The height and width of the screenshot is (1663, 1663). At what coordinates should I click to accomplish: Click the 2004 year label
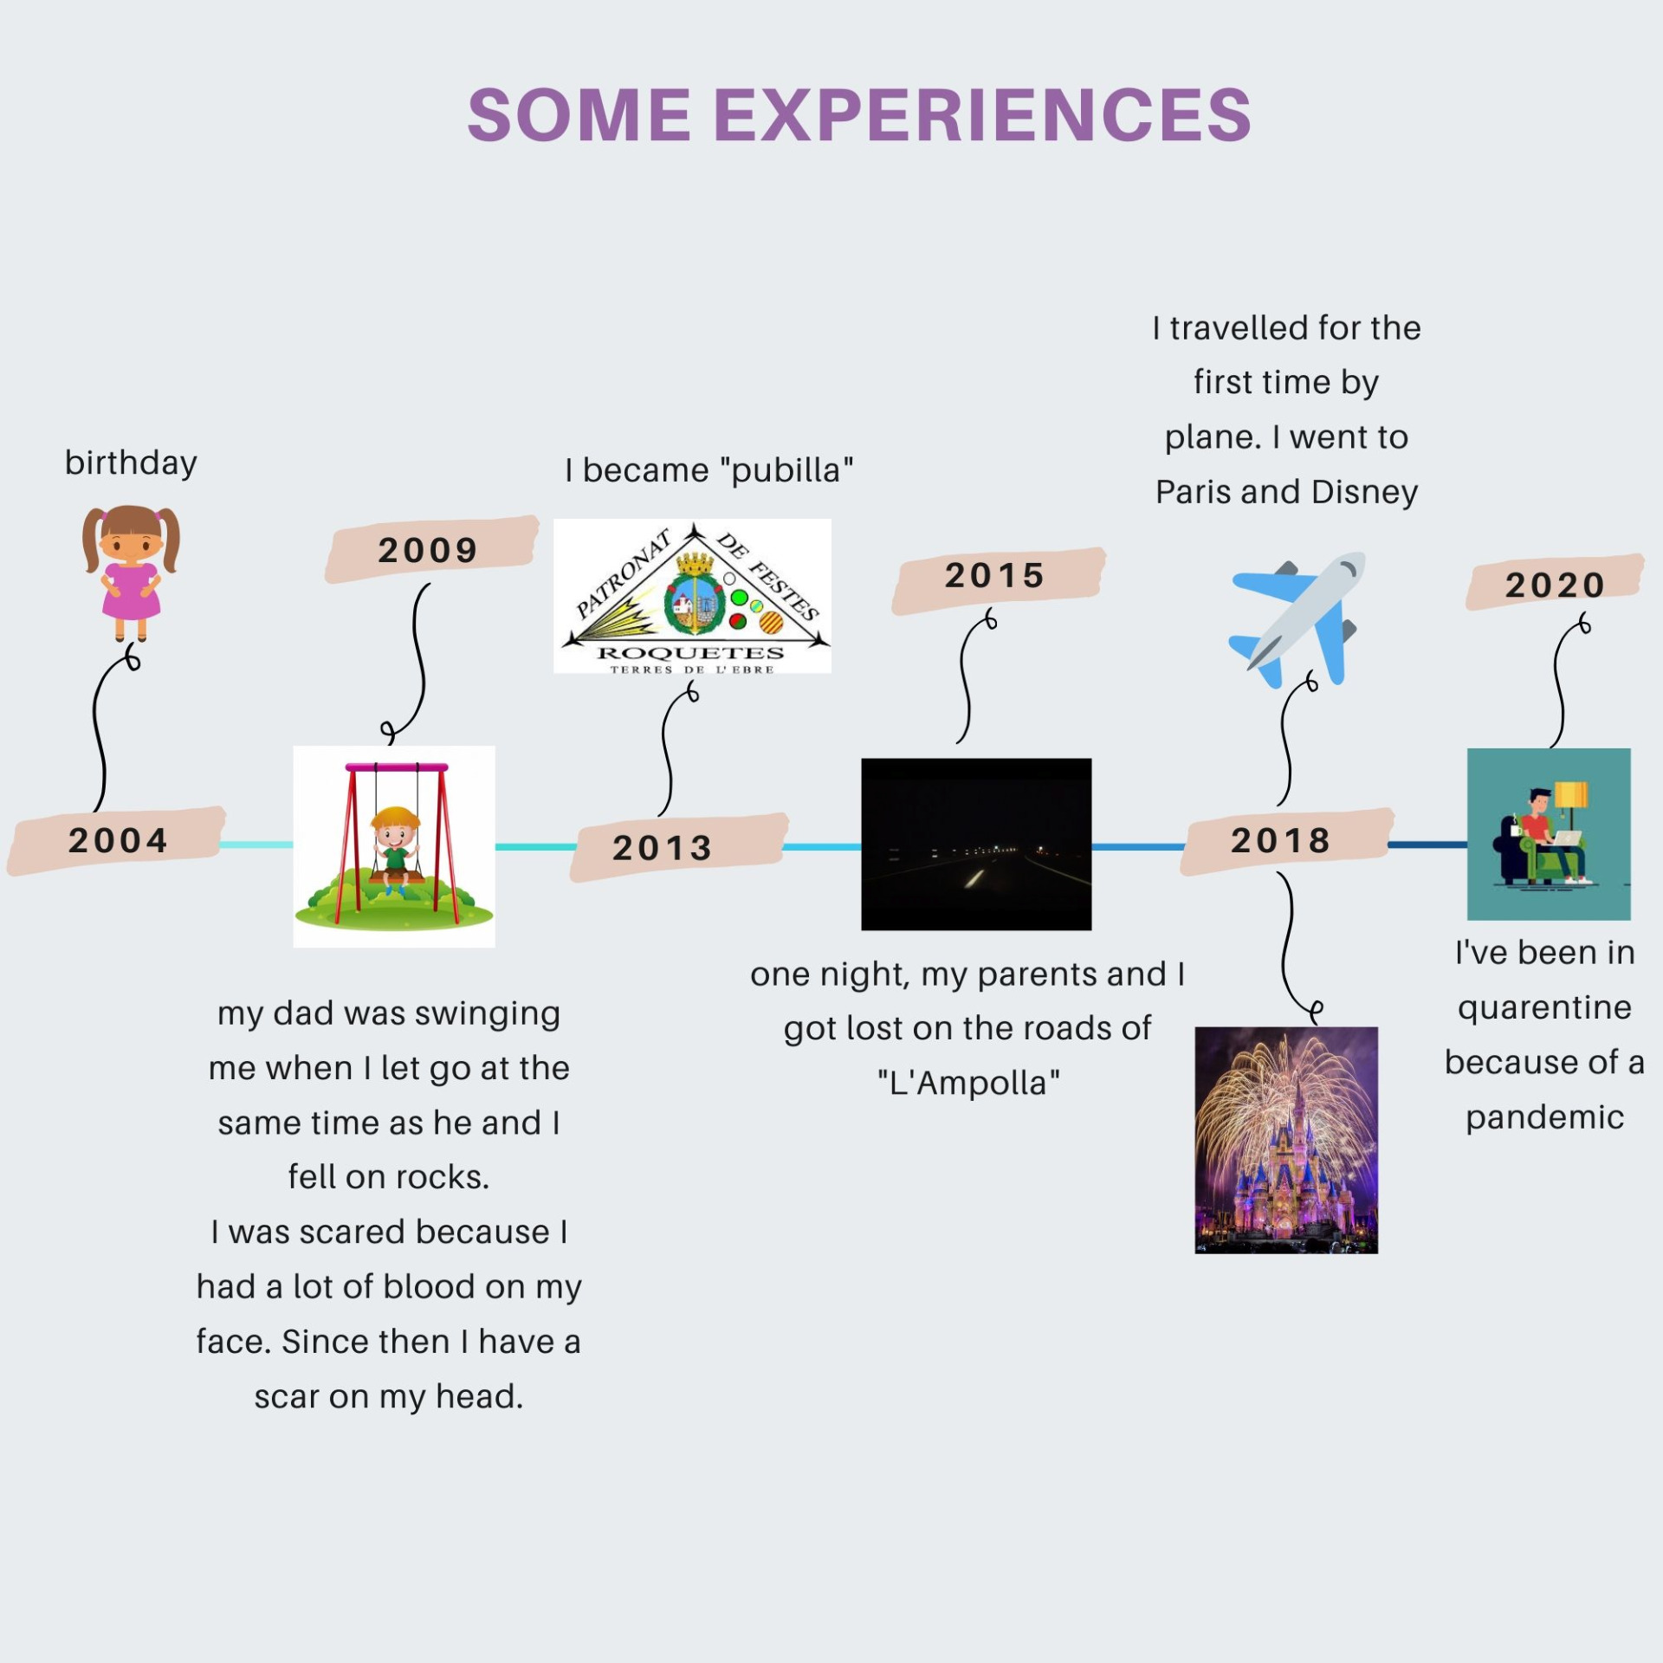click(118, 840)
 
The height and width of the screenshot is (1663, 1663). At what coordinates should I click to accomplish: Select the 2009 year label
click(428, 550)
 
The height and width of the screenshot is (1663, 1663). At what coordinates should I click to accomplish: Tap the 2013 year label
click(663, 848)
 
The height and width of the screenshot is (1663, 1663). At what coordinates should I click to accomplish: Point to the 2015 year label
click(994, 575)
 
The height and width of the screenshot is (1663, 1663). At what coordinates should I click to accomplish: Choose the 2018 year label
click(1281, 840)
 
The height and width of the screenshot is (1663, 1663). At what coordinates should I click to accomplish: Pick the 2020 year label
click(1556, 585)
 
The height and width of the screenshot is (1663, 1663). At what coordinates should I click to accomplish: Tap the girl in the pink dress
click(131, 572)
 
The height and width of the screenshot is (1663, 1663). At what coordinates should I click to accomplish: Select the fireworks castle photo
click(1286, 1140)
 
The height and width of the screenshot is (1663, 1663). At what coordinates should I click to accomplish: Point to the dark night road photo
click(976, 844)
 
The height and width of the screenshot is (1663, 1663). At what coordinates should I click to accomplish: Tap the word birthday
click(131, 463)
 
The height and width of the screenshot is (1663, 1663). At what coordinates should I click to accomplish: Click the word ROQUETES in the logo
click(691, 653)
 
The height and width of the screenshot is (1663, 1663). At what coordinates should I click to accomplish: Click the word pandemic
click(1545, 1117)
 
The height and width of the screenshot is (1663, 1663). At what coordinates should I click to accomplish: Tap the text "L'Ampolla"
click(968, 1083)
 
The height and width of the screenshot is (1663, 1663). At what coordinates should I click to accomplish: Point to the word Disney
click(1364, 492)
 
